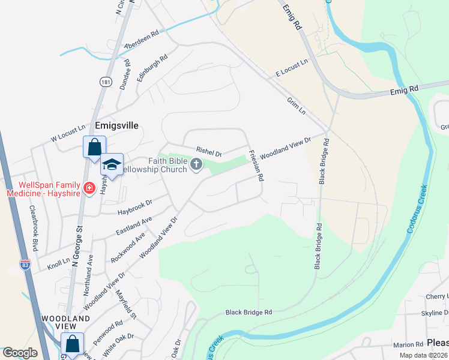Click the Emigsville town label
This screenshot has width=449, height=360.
point(116,125)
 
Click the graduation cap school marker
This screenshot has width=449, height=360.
point(111,164)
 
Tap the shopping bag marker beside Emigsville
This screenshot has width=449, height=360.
point(94,147)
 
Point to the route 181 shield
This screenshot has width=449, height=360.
point(104,80)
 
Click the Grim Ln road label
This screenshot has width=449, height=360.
point(297,106)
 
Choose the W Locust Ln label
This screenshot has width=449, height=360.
point(68,133)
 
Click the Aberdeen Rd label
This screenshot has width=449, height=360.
point(141,40)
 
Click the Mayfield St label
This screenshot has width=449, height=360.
point(127,304)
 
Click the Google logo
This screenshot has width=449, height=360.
point(20,353)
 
